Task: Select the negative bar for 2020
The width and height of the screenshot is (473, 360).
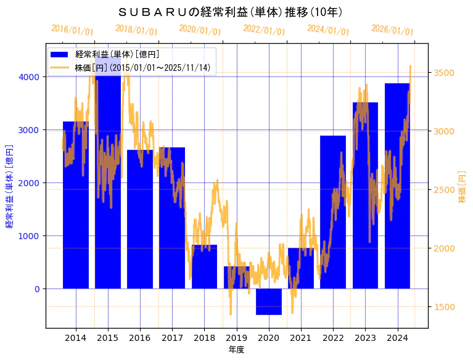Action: (269, 301)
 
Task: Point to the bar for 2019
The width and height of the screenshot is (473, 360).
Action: (236, 278)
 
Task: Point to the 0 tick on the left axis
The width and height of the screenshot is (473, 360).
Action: (38, 289)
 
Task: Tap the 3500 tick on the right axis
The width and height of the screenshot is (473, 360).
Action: (444, 73)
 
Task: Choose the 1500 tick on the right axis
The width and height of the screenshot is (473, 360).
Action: (444, 307)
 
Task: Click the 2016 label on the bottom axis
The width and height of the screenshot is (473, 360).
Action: (140, 338)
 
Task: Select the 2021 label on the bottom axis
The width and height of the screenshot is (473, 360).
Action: (301, 338)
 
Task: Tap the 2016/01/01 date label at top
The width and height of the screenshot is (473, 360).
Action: (73, 30)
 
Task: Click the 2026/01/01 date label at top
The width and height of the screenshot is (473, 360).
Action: (393, 30)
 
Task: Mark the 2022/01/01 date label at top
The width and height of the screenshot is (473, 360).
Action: (265, 30)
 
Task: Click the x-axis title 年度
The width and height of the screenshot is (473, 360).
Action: (236, 350)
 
